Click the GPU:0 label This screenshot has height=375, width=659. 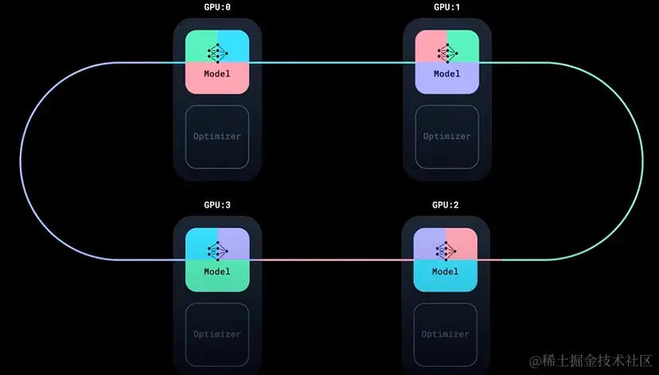pyautogui.click(x=217, y=7)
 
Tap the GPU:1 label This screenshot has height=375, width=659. pyautogui.click(x=446, y=7)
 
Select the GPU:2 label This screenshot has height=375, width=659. pyautogui.click(x=446, y=205)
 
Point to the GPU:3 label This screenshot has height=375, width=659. pyautogui.click(x=217, y=205)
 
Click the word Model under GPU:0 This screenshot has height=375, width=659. pyautogui.click(x=217, y=74)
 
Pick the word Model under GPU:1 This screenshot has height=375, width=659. pyautogui.click(x=446, y=74)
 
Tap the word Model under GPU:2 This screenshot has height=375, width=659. pyautogui.click(x=446, y=271)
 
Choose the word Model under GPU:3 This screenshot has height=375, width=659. pyautogui.click(x=217, y=271)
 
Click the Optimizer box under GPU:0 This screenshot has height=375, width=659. pyautogui.click(x=217, y=136)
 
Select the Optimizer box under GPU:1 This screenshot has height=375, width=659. pyautogui.click(x=446, y=136)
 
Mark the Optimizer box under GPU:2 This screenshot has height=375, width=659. pyautogui.click(x=446, y=334)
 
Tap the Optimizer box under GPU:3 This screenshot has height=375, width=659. pyautogui.click(x=217, y=334)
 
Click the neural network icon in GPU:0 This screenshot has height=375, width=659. pyautogui.click(x=217, y=53)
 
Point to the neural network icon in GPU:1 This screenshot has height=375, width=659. pyautogui.click(x=446, y=53)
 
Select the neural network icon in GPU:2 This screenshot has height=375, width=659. pyautogui.click(x=446, y=250)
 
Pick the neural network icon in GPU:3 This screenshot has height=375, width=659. pyautogui.click(x=217, y=250)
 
